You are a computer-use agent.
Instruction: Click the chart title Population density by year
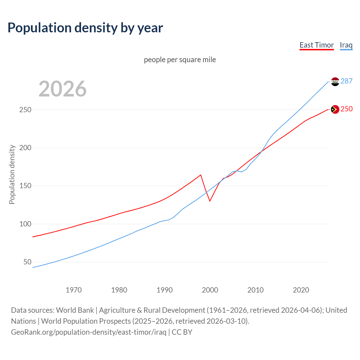(x=85, y=28)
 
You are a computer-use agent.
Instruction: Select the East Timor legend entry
(x=316, y=45)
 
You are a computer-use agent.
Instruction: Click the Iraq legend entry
(x=346, y=45)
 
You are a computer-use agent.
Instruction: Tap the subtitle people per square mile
(x=180, y=60)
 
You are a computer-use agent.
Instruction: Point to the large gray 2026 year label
(x=62, y=89)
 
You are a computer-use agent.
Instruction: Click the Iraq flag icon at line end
(x=335, y=82)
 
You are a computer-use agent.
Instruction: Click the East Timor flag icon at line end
(x=335, y=109)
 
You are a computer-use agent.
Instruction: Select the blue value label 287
(x=346, y=81)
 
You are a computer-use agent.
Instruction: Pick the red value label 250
(x=346, y=109)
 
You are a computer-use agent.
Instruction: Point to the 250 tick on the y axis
(x=25, y=110)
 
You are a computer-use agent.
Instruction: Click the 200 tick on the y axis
(x=25, y=148)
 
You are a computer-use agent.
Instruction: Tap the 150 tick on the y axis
(x=25, y=186)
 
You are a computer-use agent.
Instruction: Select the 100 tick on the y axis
(x=25, y=224)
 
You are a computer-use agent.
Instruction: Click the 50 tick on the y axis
(x=27, y=262)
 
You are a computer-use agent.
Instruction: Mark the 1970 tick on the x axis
(x=74, y=290)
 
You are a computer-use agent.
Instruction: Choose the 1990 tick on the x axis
(x=165, y=290)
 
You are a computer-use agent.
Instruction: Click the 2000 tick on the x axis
(x=210, y=290)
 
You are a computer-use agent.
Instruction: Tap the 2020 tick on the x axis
(x=301, y=290)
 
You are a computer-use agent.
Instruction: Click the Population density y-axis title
(x=12, y=174)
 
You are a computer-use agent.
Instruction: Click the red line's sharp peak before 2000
(x=201, y=175)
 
